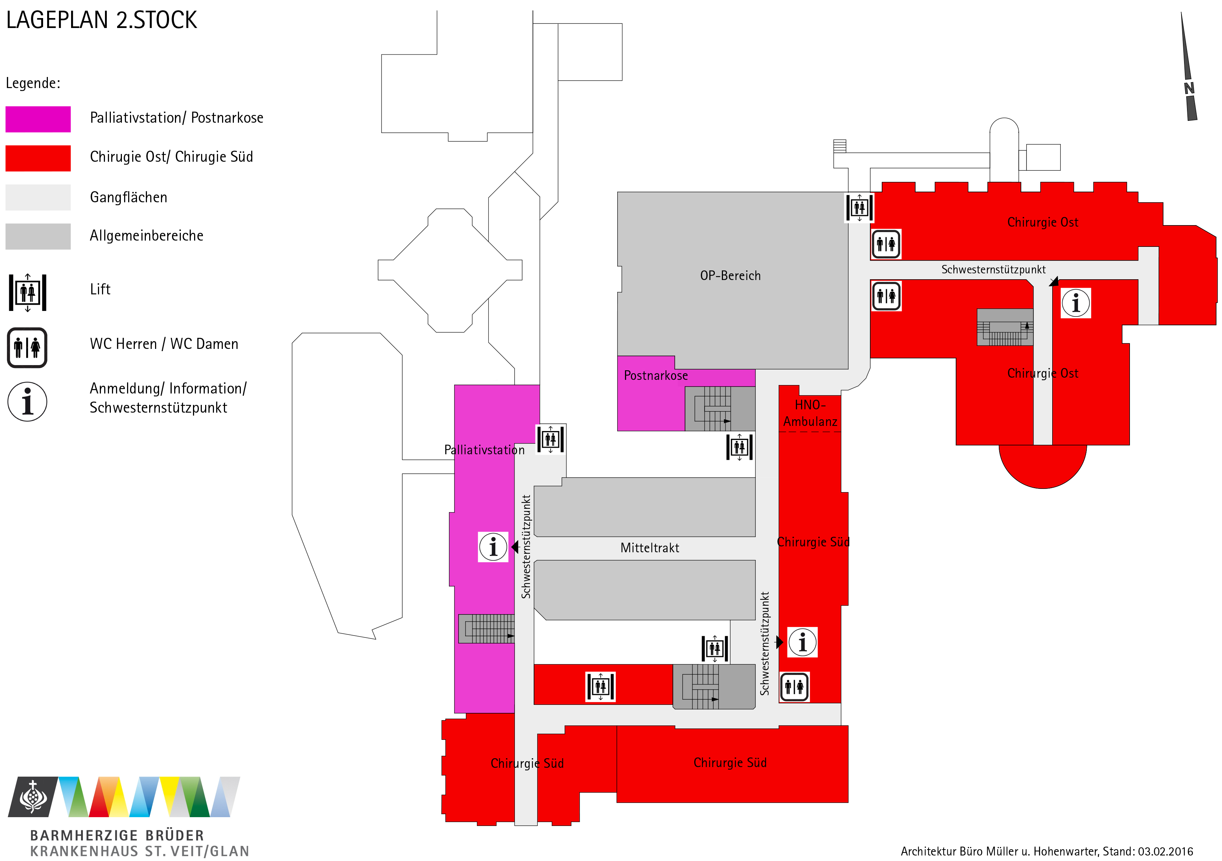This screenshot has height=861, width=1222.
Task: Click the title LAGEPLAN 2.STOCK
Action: [x=101, y=20]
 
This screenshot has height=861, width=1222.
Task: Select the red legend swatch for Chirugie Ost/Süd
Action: [x=38, y=158]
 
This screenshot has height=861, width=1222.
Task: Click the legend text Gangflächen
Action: [x=128, y=197]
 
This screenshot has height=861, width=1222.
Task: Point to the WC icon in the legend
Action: [x=27, y=348]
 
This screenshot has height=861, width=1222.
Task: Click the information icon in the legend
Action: [x=27, y=402]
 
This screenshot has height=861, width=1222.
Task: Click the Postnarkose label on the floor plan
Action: [x=656, y=376]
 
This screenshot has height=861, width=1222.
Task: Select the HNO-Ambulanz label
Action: [x=810, y=413]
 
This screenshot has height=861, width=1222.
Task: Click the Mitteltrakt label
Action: [x=649, y=548]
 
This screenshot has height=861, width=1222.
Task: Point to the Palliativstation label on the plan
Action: [x=484, y=450]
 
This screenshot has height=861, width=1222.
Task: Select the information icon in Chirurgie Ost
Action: [x=1076, y=303]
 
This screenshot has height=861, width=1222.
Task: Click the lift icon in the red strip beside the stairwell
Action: [x=600, y=687]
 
